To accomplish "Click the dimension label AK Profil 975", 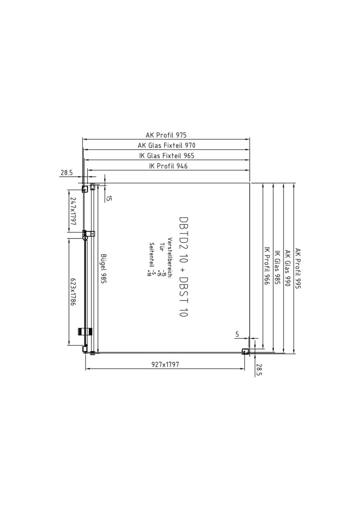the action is [166, 135].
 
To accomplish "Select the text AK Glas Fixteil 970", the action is [167, 145].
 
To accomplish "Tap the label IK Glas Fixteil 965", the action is [167, 156].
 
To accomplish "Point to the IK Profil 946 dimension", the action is [168, 166].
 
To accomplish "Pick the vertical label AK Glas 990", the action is [288, 268].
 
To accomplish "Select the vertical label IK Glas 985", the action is [277, 267].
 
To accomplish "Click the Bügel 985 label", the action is [104, 269].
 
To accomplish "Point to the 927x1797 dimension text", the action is [166, 365].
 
